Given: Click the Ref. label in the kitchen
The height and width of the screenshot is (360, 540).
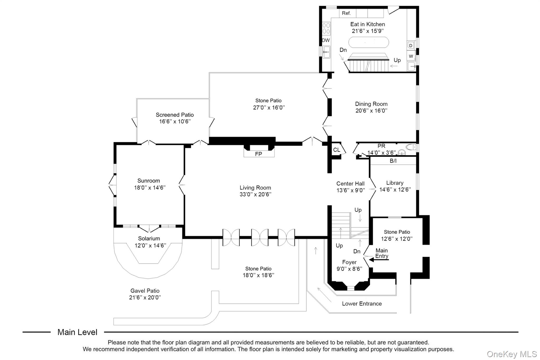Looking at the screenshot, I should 346,13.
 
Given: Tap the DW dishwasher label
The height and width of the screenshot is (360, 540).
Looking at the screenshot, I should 326,40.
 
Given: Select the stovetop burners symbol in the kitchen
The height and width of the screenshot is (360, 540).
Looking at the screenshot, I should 326,28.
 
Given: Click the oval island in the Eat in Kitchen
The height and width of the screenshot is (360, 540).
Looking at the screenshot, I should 369,42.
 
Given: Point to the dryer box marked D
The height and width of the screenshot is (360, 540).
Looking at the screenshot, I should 411,46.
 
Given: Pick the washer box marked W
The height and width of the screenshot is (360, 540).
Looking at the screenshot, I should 411,56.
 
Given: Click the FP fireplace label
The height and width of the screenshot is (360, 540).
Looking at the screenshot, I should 258,154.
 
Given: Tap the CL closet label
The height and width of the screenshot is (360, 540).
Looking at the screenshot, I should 336,150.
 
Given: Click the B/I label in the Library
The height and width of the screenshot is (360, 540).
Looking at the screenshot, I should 393,161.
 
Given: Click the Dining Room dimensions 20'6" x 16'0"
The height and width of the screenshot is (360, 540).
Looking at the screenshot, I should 371,111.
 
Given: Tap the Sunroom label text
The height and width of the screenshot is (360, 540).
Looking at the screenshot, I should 148,181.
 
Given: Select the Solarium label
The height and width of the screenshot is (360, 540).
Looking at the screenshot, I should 149,238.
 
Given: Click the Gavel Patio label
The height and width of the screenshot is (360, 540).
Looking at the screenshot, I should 145,291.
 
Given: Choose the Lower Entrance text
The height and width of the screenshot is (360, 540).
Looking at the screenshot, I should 362,304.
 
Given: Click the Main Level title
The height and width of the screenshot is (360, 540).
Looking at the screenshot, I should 77,332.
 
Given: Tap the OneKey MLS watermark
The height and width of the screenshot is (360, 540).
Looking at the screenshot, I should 512,354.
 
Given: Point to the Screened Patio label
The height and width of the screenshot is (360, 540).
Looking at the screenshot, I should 175,115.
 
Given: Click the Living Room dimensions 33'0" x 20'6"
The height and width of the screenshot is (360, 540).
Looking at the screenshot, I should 255,194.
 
